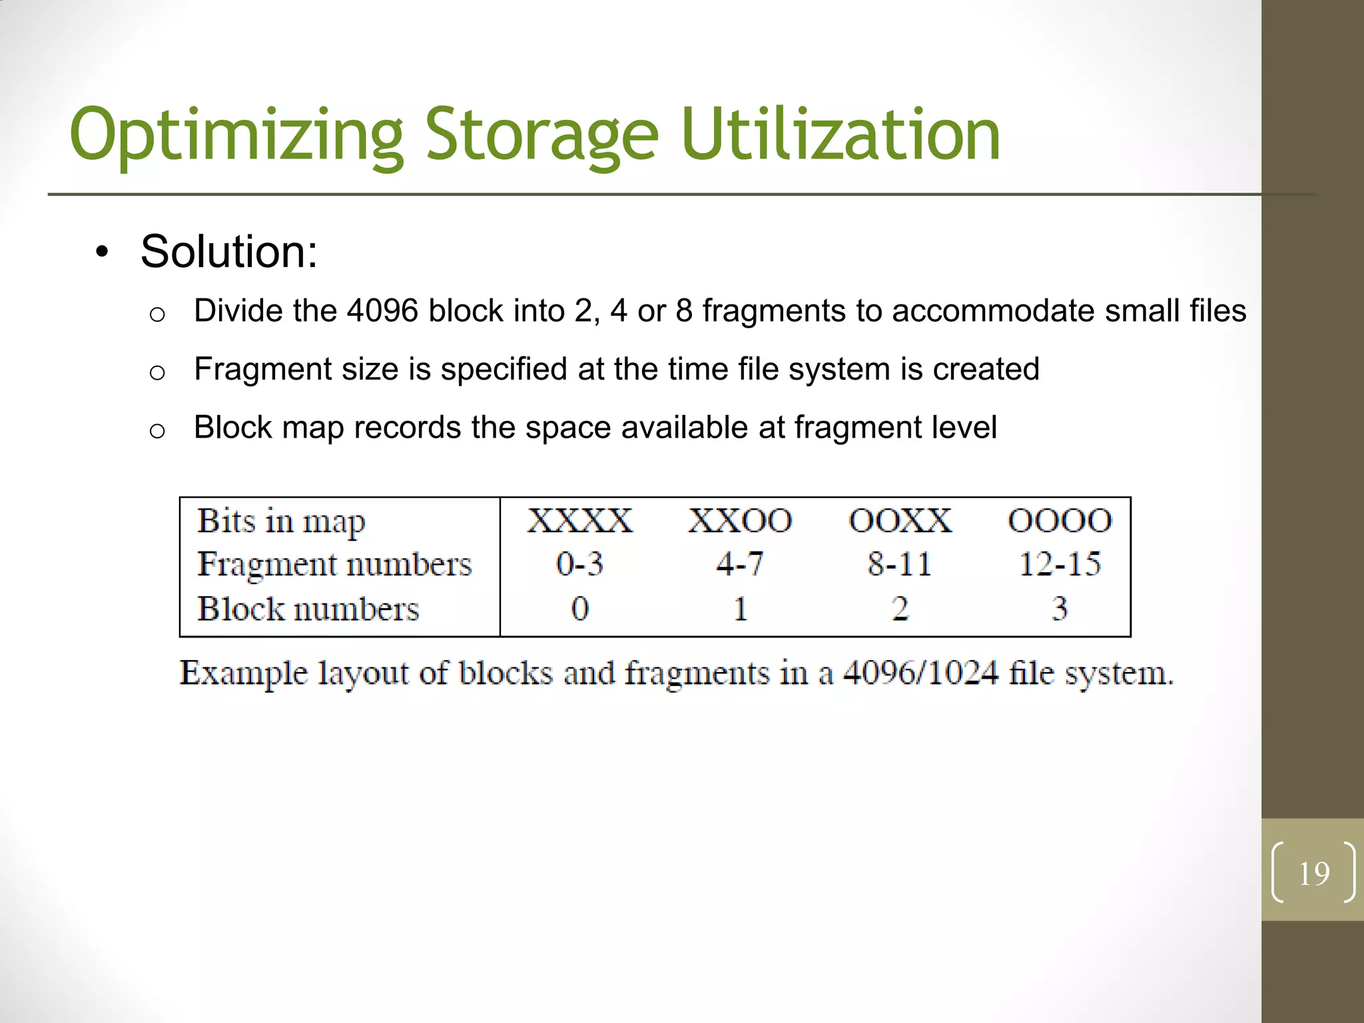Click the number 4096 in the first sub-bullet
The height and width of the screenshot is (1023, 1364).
click(x=382, y=311)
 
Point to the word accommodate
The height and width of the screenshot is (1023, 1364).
click(x=992, y=311)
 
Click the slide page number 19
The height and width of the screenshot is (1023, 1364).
click(x=1314, y=873)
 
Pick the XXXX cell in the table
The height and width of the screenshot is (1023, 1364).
click(x=579, y=521)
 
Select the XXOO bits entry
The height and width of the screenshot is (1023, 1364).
click(x=740, y=521)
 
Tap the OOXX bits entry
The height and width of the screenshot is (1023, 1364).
click(x=900, y=521)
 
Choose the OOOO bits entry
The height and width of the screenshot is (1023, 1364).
click(x=1060, y=521)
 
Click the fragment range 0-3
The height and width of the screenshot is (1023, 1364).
click(x=579, y=565)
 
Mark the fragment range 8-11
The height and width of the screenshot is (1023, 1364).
click(x=900, y=565)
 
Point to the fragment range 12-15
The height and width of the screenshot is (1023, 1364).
click(x=1060, y=565)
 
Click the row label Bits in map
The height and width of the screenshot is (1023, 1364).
click(x=281, y=521)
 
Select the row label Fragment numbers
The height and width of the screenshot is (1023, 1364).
click(x=334, y=565)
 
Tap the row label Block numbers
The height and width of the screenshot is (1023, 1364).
click(x=308, y=609)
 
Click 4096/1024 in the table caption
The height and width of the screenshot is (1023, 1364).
click(x=920, y=673)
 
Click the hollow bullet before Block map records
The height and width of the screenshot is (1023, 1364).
click(x=157, y=431)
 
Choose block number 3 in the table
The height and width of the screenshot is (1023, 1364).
click(x=1060, y=609)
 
